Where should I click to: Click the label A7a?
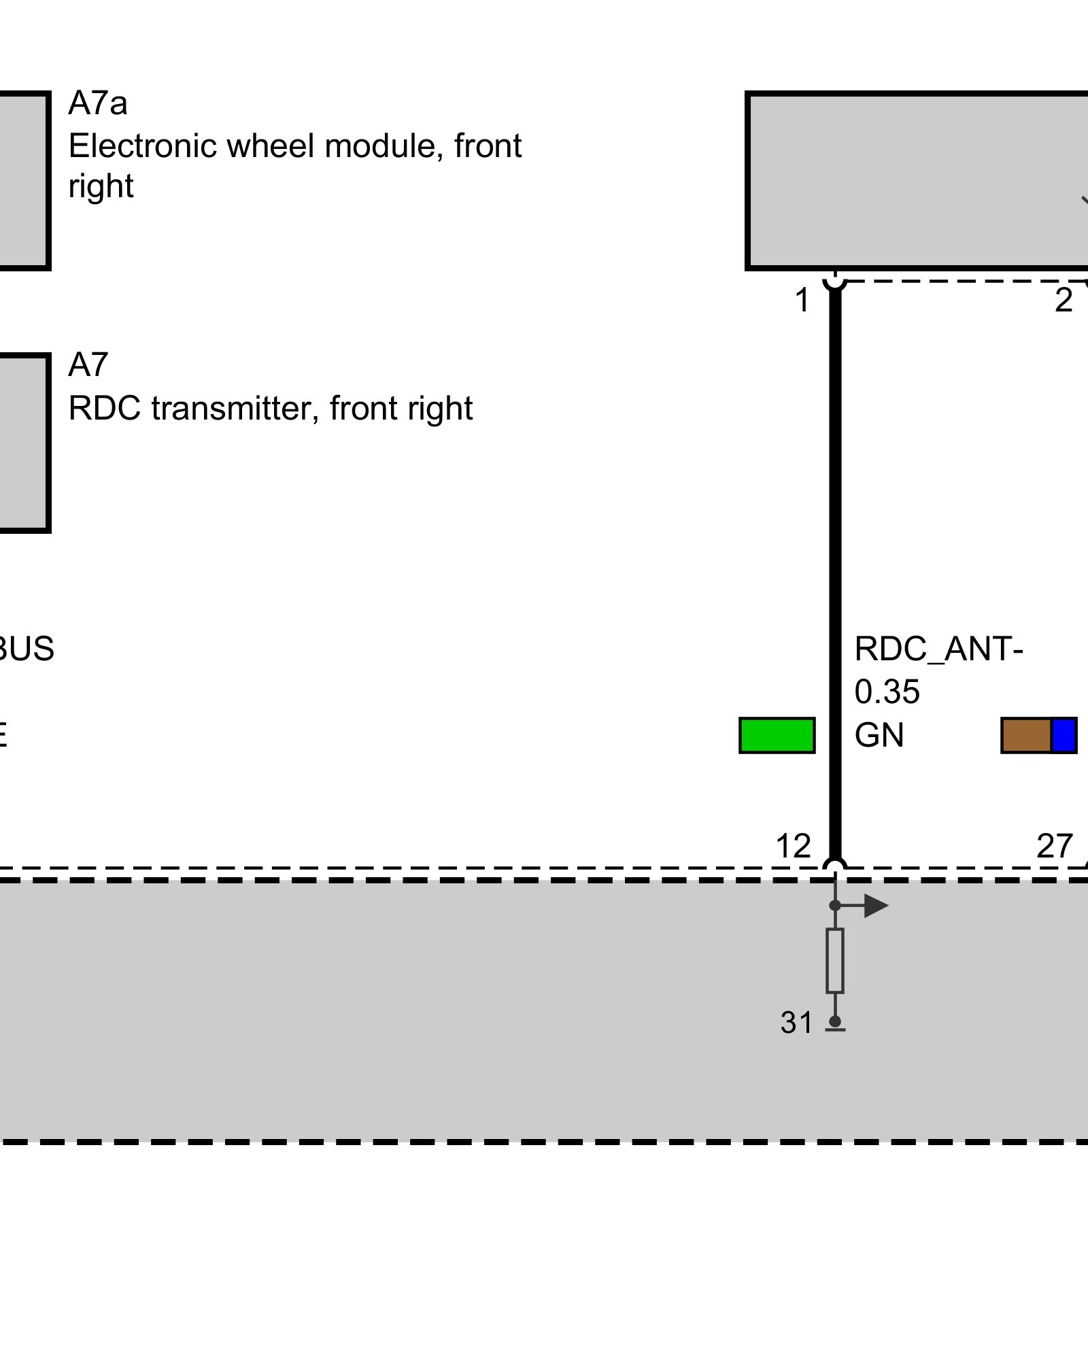[97, 104]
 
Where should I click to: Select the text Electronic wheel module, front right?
[294, 165]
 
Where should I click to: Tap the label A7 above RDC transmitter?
[88, 366]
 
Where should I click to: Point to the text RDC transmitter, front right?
[270, 409]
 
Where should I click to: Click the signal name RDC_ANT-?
[938, 649]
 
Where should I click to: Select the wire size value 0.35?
[887, 692]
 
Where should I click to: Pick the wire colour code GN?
[879, 735]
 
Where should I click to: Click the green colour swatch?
[777, 735]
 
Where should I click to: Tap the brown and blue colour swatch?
[1038, 735]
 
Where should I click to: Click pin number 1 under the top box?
[802, 301]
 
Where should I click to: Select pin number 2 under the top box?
[1063, 301]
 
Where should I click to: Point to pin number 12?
[793, 847]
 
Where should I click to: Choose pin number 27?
[1054, 847]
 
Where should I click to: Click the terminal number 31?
[796, 1023]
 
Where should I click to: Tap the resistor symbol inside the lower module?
[835, 960]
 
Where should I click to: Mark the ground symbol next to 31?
[835, 1025]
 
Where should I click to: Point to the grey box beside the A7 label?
[24, 443]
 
